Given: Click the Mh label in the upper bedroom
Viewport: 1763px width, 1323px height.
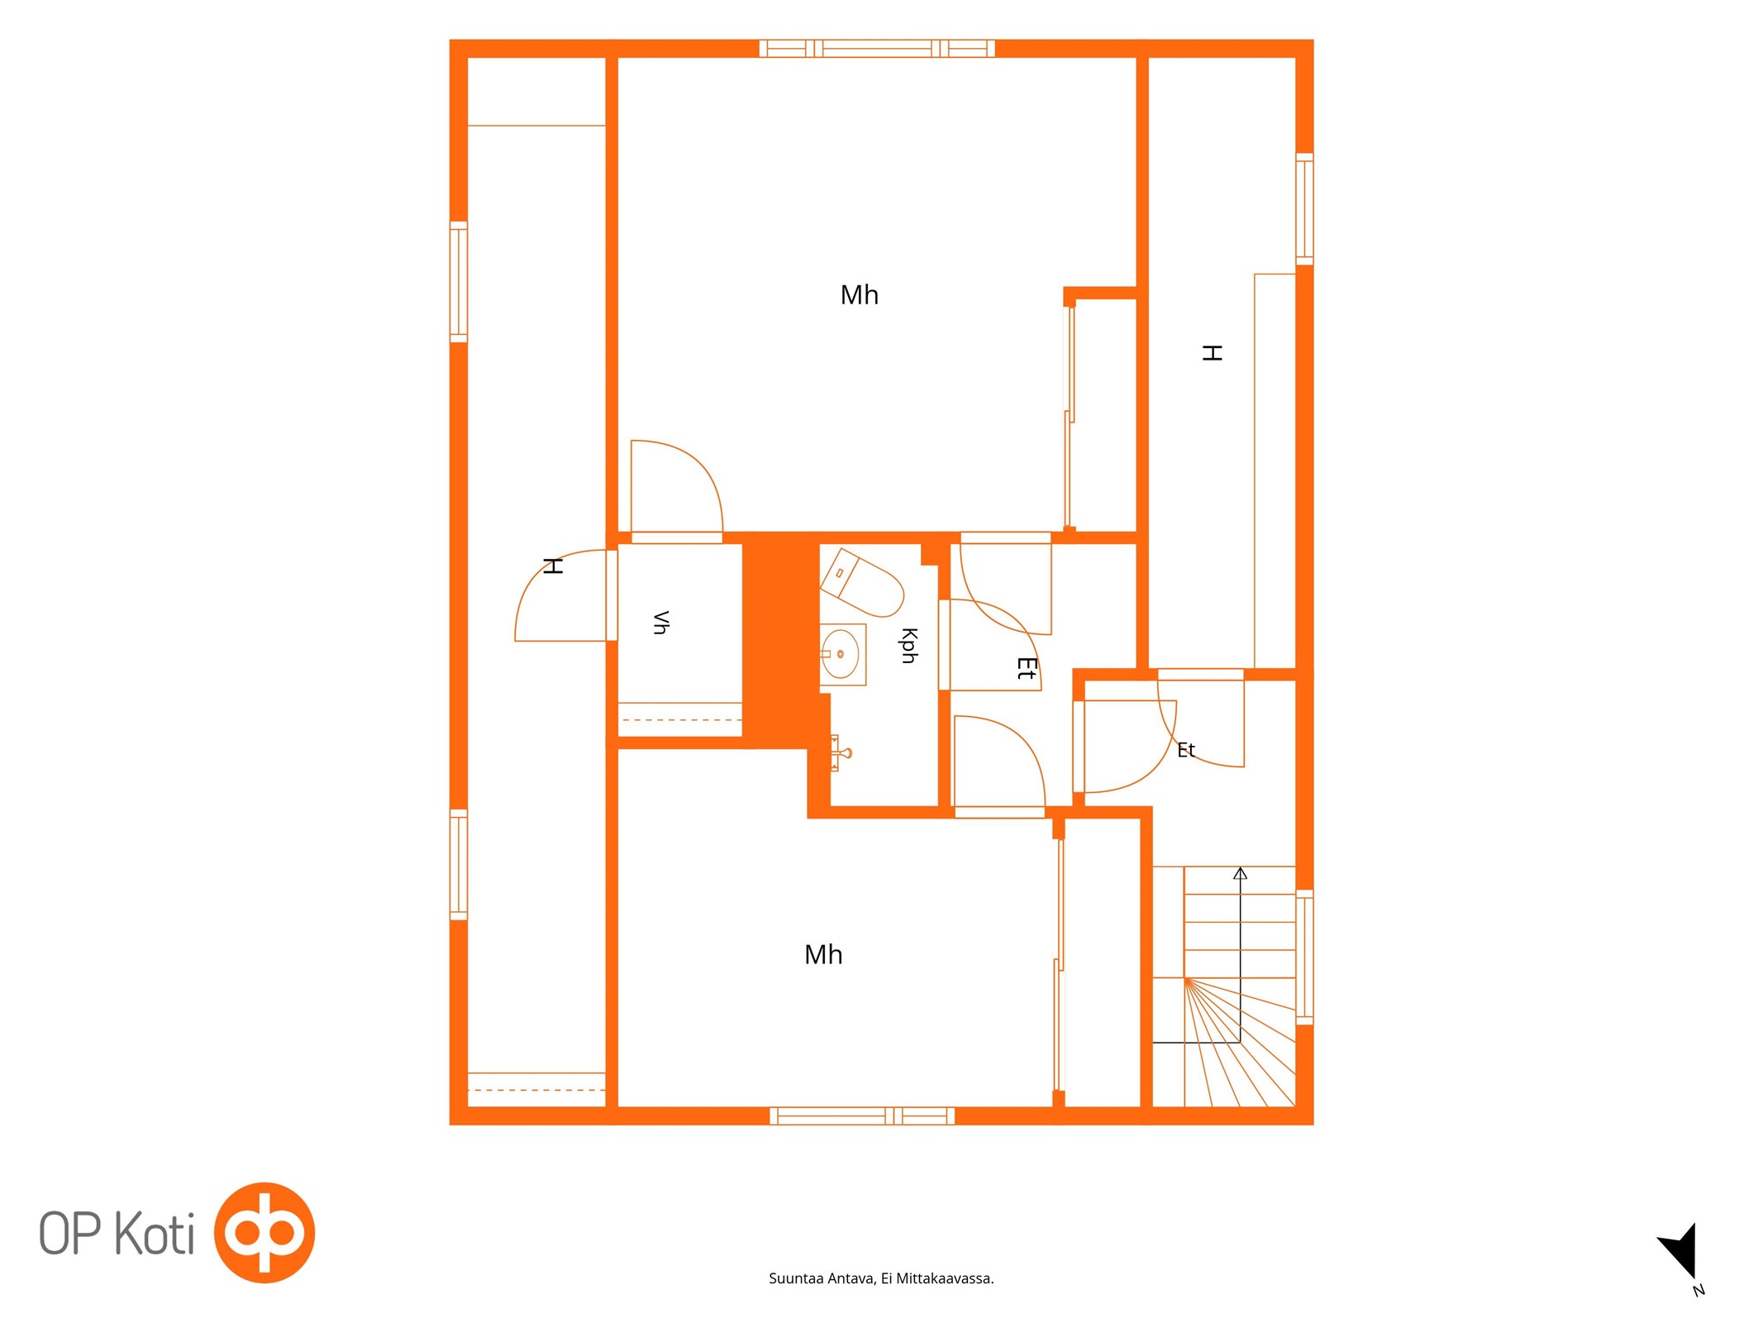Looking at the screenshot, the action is coord(859,295).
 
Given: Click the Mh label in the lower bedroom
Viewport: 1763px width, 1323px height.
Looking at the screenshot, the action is coord(823,954).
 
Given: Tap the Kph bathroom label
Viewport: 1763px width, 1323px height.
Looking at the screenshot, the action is coord(909,646).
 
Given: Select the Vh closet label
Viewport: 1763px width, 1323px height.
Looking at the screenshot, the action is coord(660,623).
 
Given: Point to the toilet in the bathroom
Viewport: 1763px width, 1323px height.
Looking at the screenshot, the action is coord(860,582).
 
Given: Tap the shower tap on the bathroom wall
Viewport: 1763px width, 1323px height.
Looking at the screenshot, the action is coord(841,752).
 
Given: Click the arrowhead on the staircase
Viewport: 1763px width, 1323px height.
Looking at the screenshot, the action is coord(1240,873).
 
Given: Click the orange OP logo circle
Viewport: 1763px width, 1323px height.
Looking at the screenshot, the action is coord(264,1232).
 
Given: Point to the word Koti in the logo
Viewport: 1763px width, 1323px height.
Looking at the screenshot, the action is coord(155,1234).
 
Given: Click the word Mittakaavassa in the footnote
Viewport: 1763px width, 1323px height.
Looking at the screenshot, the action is coord(944,1278).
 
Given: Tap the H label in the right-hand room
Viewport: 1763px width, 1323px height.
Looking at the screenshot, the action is coord(1212,353).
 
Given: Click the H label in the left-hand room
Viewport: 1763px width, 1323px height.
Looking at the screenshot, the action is coord(553,566).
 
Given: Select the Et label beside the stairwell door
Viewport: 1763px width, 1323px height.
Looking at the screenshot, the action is coord(1186,750).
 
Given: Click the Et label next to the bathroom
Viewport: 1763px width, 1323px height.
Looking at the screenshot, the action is coord(1027,668).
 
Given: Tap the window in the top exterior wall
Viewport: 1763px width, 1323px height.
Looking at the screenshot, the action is coord(877,48).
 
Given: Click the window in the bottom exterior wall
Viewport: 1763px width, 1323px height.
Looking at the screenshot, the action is coord(862,1115).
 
